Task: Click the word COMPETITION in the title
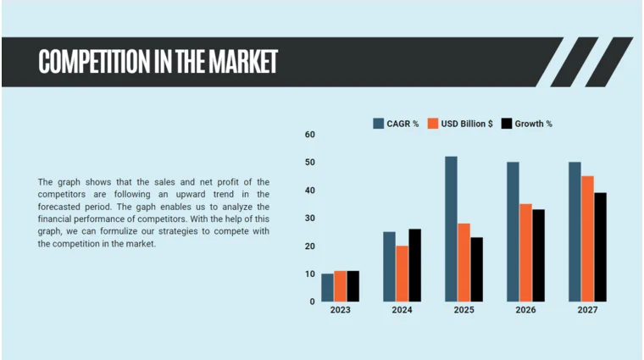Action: click(x=90, y=61)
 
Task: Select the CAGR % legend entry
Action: click(x=397, y=124)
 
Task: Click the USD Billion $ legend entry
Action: click(x=461, y=124)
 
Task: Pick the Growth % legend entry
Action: click(x=527, y=124)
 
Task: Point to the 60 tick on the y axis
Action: click(x=309, y=135)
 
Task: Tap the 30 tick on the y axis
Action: click(x=309, y=219)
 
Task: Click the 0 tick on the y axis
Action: click(x=312, y=302)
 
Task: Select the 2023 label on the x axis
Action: click(x=340, y=311)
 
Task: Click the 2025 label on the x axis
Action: click(x=464, y=311)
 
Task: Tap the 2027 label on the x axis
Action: click(x=587, y=311)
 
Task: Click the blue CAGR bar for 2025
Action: click(x=451, y=229)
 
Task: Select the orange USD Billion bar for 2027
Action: click(x=587, y=239)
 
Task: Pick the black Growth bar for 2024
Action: click(x=414, y=265)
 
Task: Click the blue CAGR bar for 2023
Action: click(x=327, y=288)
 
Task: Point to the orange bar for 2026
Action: click(x=525, y=252)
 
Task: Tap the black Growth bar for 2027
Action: click(x=600, y=247)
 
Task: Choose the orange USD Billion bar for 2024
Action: click(x=402, y=274)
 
